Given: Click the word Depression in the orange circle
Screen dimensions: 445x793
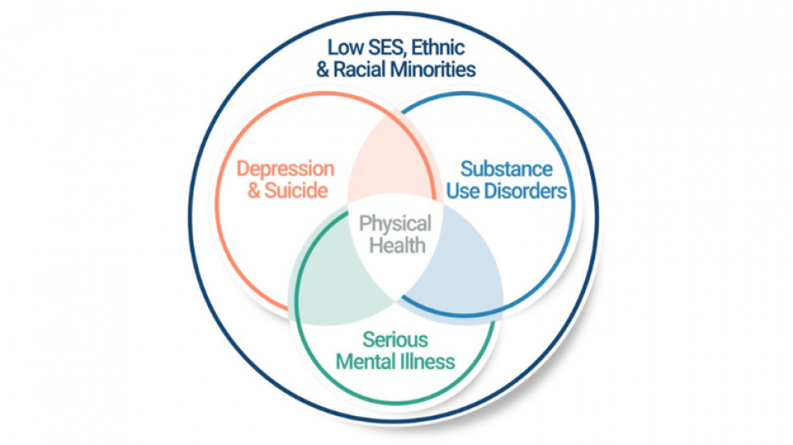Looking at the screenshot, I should (x=285, y=170).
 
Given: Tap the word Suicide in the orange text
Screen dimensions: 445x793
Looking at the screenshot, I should (x=295, y=191).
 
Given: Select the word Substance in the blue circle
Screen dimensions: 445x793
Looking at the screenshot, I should (x=506, y=170).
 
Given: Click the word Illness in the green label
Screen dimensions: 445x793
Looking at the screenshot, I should (x=430, y=361).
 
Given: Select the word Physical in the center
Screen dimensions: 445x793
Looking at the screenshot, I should (x=395, y=225).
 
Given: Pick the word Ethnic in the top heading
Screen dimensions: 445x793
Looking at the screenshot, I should (x=436, y=47).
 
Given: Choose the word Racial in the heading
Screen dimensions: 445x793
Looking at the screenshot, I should (x=358, y=69).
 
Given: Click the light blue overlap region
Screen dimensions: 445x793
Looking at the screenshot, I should (x=457, y=270).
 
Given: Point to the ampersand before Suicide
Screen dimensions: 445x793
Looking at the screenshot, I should (x=254, y=191).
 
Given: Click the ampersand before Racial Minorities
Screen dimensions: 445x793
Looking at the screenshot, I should (x=322, y=69).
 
